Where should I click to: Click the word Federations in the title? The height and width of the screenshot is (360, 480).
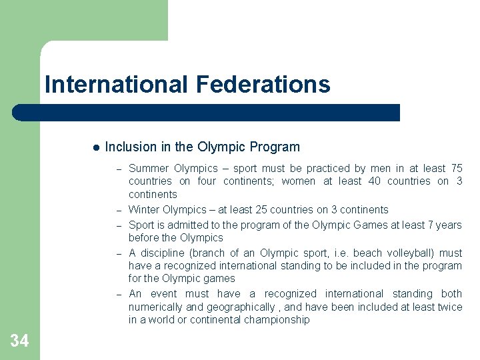tap(263, 85)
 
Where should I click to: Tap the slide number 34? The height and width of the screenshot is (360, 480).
tap(19, 341)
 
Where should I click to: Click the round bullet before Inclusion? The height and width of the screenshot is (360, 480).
tap(96, 147)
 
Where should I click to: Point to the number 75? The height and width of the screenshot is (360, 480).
tap(456, 168)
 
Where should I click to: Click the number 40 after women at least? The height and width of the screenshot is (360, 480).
tap(375, 181)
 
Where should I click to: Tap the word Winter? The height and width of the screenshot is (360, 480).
tap(144, 209)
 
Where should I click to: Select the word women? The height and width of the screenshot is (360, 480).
tap(299, 181)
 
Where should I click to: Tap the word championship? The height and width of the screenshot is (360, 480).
tap(277, 320)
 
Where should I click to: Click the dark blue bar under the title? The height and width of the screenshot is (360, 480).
tap(207, 113)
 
